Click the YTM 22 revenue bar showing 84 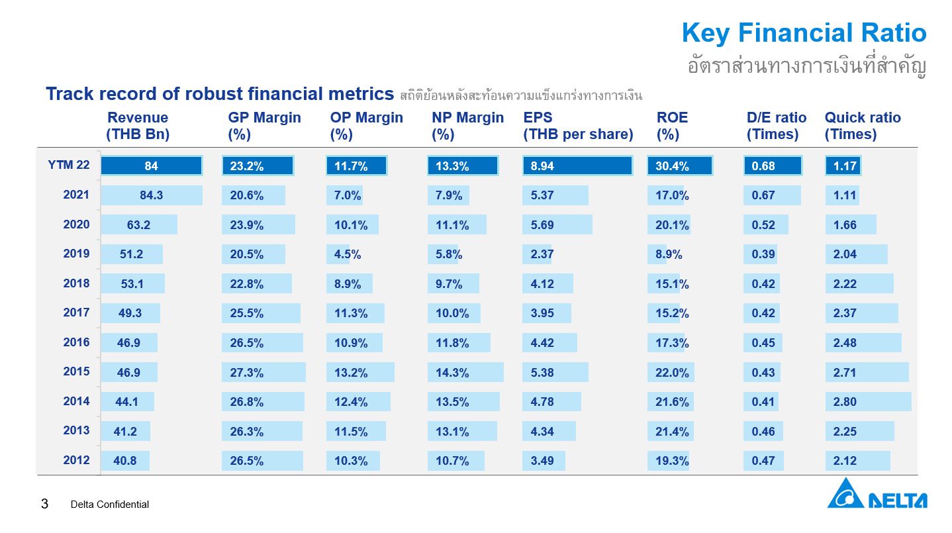152,166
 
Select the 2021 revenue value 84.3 152,195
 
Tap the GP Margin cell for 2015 263,372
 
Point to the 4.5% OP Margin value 347,255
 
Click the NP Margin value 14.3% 452,373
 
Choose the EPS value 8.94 542,166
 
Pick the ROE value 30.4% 672,166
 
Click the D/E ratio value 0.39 763,255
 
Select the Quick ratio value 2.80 845,402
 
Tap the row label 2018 77,283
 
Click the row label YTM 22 69,165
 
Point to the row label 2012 77,460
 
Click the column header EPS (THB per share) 578,126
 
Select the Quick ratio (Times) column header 863,126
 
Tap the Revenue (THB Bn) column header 138,126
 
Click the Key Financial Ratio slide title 804,32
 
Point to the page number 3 44,504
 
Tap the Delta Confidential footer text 110,505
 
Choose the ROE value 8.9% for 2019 669,255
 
